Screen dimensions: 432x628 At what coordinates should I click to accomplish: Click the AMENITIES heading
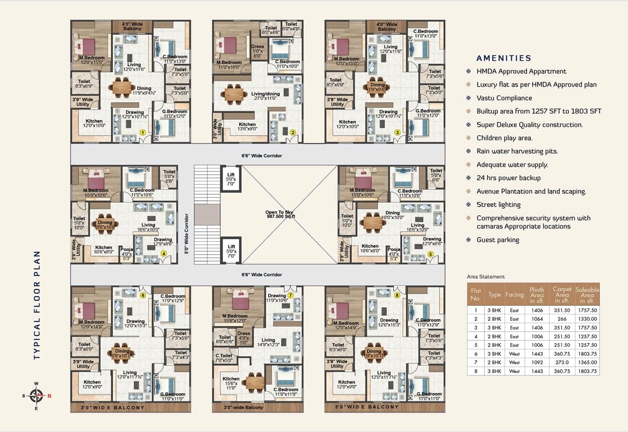coord(504,58)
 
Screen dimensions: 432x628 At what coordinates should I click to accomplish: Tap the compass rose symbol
coord(36,396)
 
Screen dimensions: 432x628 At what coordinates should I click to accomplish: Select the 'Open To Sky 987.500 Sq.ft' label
coord(281,215)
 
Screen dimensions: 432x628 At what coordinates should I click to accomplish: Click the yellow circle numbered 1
coord(143,133)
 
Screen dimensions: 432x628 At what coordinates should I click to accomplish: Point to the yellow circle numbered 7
coord(290,295)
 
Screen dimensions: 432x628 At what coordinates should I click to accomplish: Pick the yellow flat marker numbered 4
coord(163,253)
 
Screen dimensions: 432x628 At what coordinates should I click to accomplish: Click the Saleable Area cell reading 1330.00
coord(587,318)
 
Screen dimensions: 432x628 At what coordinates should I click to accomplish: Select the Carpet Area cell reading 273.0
coord(562,362)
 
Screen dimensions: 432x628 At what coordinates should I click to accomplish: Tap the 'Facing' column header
coord(514,294)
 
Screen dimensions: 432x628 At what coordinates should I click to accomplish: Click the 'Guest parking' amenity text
coord(497,240)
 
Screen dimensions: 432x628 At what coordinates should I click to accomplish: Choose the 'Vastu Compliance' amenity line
coord(504,98)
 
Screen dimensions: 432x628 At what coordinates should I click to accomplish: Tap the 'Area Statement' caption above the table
coord(485,277)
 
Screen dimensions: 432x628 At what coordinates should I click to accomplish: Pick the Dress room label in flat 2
coord(257,51)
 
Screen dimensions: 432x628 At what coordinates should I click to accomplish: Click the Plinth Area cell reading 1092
coord(537,362)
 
